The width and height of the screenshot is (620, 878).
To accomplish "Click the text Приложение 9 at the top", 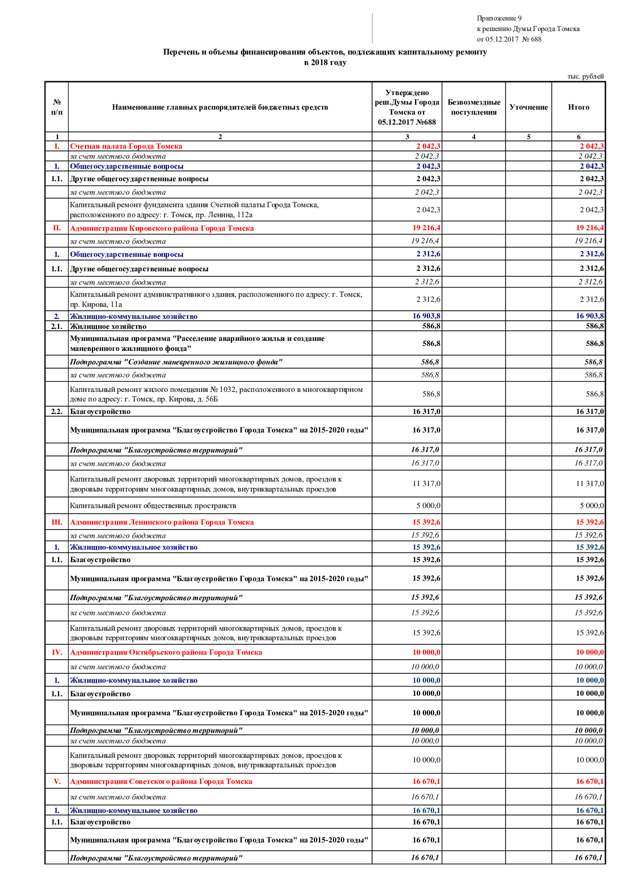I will [499, 19].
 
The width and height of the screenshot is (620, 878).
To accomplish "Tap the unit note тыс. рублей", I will [585, 77].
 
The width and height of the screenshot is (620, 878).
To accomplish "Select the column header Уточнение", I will [528, 107].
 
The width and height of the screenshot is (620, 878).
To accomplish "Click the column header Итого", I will [578, 107].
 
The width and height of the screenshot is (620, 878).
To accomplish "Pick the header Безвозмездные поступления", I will [473, 107].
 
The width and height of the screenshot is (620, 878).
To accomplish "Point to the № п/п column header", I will [57, 107].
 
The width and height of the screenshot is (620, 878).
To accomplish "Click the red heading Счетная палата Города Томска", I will [126, 147].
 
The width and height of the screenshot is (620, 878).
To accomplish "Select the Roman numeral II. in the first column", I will [57, 228].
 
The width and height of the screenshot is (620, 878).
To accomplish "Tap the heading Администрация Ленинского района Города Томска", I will [161, 522].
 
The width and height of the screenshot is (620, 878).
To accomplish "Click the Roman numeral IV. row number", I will [57, 652].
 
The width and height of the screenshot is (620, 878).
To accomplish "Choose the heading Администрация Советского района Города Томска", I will [161, 781].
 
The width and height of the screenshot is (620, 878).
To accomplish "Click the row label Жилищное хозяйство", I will [108, 326].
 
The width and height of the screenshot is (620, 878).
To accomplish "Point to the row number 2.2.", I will [57, 411].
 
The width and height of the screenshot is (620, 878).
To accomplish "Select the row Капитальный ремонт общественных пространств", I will [153, 506].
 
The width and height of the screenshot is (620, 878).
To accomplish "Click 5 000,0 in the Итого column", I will [591, 506].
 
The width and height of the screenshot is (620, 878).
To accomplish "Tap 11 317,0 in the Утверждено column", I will [426, 484].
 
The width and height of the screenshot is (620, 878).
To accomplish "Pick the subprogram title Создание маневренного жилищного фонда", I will [176, 362].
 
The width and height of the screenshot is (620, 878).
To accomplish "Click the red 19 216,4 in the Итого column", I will [589, 228].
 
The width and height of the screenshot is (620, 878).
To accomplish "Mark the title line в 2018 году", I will [325, 63].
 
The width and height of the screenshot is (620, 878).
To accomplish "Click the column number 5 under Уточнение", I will [528, 137].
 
